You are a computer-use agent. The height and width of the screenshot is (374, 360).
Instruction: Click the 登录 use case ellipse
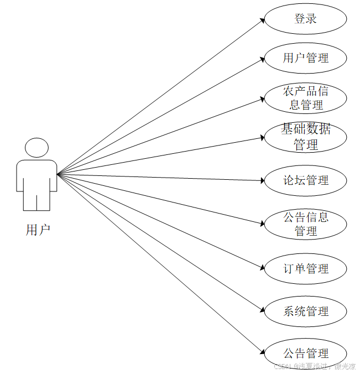pos(305,19)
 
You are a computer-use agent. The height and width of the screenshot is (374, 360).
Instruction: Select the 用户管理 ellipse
pos(305,58)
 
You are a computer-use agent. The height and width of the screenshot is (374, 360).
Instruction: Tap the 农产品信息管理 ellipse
pos(305,97)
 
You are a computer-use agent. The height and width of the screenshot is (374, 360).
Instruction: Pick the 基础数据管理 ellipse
pos(305,137)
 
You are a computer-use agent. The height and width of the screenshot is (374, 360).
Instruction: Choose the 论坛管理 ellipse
pos(305,180)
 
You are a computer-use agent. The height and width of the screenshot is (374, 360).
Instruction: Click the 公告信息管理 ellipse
pos(305,224)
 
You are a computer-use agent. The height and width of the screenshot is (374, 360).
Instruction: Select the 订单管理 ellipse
pos(305,268)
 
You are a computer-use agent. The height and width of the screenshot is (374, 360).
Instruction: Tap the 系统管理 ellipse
pos(305,311)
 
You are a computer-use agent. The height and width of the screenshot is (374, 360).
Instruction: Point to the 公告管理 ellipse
pos(305,353)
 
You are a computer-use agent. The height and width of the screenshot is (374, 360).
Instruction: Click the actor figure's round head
pos(36,148)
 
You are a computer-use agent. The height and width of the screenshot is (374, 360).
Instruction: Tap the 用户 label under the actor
pos(38,230)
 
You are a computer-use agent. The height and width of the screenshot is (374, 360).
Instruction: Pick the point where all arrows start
pos(57,174)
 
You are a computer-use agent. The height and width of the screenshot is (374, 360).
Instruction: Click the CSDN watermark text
pos(315,366)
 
